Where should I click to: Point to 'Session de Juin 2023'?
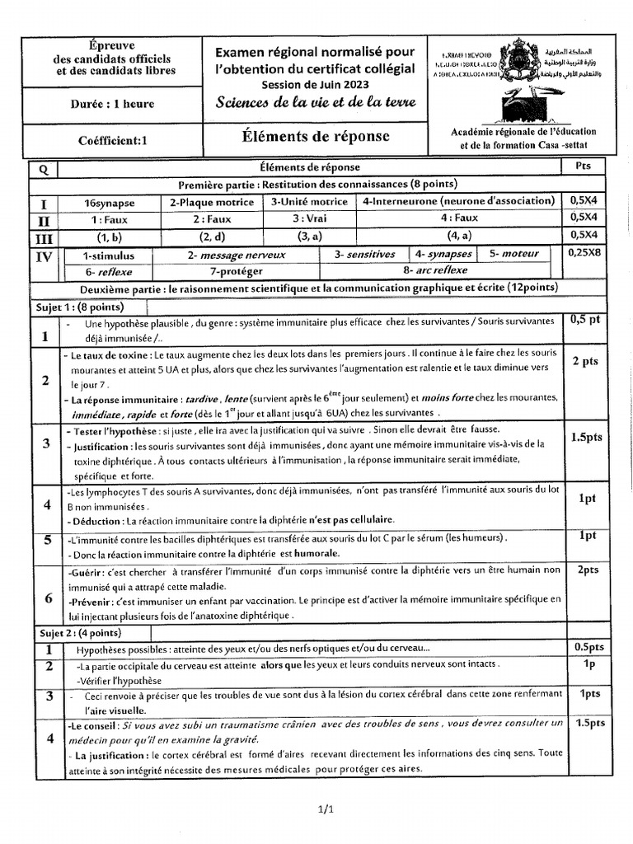coord(315,84)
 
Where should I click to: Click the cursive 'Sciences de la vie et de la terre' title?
coord(316,103)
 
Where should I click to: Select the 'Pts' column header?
coord(584,166)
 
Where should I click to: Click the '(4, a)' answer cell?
coord(458,237)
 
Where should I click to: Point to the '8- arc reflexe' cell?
coord(434,270)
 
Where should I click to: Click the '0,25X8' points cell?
coord(584,253)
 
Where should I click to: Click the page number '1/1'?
coord(324,809)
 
